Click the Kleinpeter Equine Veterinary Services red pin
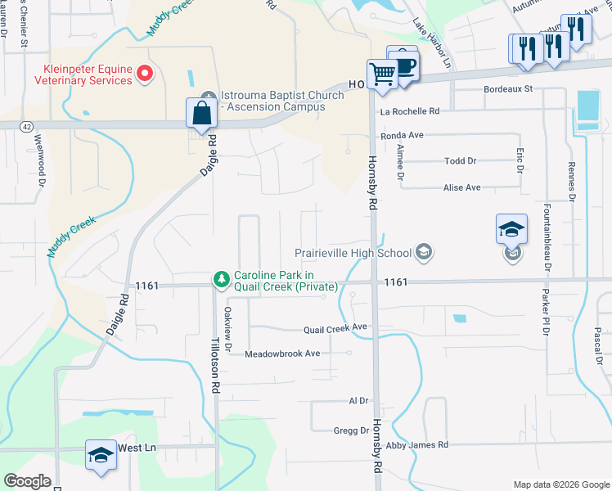145,74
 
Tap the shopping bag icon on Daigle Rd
201,113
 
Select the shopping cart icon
382,74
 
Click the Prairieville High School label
358,253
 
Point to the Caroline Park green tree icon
221,280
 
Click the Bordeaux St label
508,88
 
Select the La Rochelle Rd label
410,111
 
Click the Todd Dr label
460,161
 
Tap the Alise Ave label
461,187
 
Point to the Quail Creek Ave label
335,327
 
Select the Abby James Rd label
417,445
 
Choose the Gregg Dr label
352,430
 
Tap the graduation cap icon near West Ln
101,455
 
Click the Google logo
27,481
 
